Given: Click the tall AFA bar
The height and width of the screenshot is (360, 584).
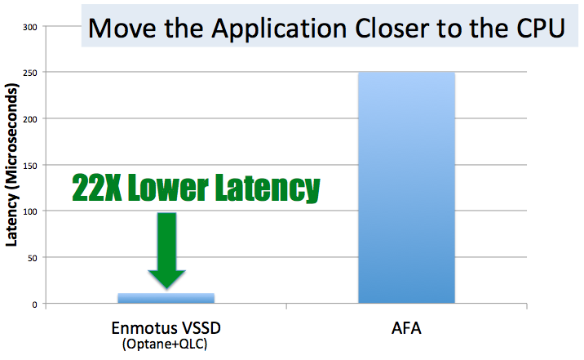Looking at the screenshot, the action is click(406, 188).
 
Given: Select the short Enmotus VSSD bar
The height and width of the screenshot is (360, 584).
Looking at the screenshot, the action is click(166, 298).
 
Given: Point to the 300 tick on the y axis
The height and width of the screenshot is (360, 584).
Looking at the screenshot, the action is click(29, 27).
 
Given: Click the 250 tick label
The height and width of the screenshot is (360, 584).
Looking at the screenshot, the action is click(29, 73).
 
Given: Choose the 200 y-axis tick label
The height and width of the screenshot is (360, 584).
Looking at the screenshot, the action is click(29, 119).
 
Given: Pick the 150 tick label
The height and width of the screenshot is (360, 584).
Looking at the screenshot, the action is click(29, 166).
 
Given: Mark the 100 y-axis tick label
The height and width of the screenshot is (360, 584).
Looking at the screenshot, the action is click(29, 211).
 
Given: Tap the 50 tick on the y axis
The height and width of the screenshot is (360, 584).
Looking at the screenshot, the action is click(32, 258).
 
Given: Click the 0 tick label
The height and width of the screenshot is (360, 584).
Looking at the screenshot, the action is click(34, 304).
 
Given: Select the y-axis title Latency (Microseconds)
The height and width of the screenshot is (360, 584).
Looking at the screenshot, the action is click(11, 165).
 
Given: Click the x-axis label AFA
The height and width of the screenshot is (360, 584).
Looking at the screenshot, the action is click(406, 328).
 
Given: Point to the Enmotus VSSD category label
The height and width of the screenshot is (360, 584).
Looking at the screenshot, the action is click(166, 328).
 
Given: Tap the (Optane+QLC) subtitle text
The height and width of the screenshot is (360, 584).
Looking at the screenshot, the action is click(165, 344).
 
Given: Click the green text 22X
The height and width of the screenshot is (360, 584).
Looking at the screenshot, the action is click(97, 188).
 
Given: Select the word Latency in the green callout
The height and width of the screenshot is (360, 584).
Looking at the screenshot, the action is click(268, 189).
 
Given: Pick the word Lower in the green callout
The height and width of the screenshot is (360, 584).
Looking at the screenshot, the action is click(168, 188).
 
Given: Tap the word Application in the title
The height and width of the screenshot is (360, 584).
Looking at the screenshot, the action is click(279, 29).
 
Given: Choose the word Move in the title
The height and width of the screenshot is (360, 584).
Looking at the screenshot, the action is click(122, 29).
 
